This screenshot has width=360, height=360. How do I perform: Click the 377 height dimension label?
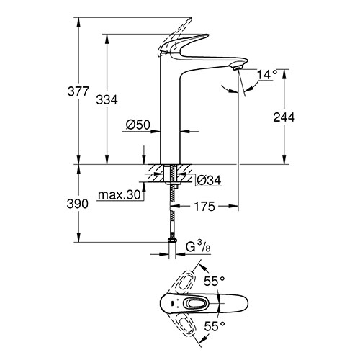(x=78, y=91)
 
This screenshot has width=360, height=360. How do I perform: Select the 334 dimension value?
(x=107, y=99)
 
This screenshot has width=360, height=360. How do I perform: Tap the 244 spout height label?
(x=284, y=117)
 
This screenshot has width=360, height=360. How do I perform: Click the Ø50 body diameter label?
(x=138, y=125)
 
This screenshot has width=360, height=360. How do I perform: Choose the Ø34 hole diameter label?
(x=209, y=180)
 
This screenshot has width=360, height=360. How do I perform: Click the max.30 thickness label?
(x=119, y=194)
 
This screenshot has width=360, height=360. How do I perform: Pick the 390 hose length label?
(x=78, y=204)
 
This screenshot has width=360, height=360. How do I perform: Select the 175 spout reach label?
(x=204, y=207)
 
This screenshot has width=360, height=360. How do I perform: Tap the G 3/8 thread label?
(x=198, y=248)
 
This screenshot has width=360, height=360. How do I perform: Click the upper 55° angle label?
(x=215, y=281)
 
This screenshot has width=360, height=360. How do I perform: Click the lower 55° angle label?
(x=215, y=325)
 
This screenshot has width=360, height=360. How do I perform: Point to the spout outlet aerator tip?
(x=237, y=68)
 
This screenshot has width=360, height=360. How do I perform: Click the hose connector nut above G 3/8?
(x=172, y=240)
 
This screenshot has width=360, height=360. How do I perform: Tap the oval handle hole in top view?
(x=195, y=304)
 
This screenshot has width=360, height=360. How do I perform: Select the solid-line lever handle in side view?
(x=184, y=43)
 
